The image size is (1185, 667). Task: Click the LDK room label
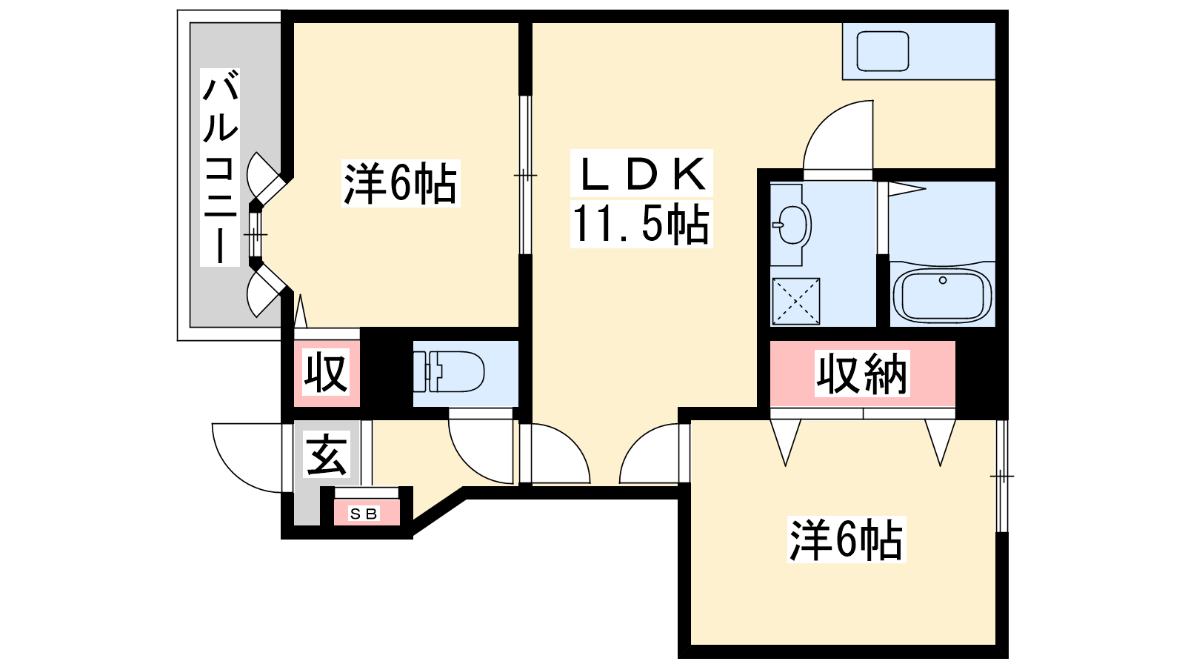click(641, 175)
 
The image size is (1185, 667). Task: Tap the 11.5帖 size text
click(641, 225)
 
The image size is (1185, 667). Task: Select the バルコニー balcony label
click(221, 167)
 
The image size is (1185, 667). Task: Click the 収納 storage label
click(862, 374)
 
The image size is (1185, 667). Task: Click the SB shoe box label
click(364, 513)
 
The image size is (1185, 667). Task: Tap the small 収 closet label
click(326, 374)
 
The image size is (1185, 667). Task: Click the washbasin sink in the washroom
click(792, 223)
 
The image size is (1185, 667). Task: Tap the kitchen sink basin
click(883, 50)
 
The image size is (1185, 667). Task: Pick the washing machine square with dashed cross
click(795, 301)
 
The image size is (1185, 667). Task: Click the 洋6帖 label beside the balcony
click(400, 183)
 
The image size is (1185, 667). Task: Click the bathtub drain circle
click(943, 280)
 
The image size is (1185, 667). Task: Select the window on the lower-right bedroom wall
click(1001, 475)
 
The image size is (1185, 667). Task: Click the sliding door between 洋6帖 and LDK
click(525, 175)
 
